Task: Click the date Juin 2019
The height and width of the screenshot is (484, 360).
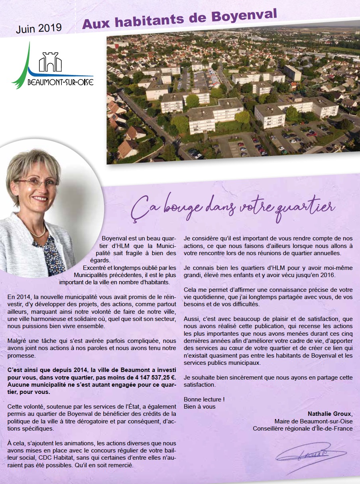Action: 39,28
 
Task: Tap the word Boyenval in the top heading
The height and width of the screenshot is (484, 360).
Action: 244,16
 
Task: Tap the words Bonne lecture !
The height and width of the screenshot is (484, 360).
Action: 204,399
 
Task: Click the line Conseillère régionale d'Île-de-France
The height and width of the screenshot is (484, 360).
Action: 303,429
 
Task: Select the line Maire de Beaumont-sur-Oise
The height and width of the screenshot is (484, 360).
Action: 313,421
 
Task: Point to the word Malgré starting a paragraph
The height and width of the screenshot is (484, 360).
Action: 17,341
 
